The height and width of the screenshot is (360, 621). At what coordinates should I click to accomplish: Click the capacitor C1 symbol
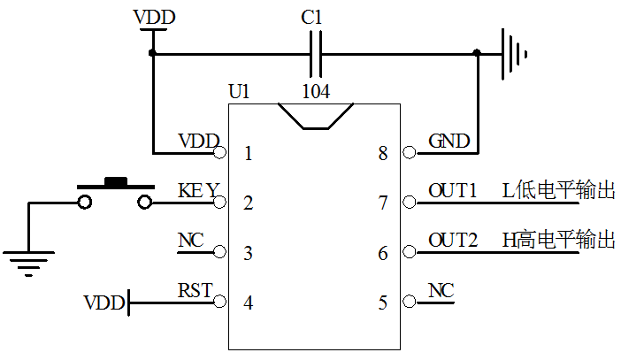316,53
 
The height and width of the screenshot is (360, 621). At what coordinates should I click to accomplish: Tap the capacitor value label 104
316,90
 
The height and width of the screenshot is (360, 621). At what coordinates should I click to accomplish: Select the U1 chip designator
239,90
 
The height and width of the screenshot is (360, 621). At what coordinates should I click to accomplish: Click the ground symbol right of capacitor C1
512,53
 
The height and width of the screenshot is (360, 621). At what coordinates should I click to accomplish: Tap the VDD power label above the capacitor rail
154,18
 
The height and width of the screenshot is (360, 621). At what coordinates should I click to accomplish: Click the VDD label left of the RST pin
104,303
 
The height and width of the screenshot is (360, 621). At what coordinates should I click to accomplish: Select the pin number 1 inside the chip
248,154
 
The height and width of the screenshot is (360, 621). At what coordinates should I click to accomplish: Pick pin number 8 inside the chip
383,154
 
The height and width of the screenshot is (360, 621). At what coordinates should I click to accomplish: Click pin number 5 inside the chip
383,303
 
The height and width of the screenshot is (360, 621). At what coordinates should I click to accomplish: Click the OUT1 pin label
452,190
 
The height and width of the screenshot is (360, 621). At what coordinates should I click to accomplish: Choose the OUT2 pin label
452,241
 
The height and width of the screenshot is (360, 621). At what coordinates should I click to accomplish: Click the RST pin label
195,289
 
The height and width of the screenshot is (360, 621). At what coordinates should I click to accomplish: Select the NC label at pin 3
190,241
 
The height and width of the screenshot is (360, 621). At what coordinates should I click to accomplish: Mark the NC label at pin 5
441,290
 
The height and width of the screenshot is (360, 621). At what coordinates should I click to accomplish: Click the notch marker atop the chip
316,115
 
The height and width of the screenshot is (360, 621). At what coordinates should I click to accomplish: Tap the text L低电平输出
557,190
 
